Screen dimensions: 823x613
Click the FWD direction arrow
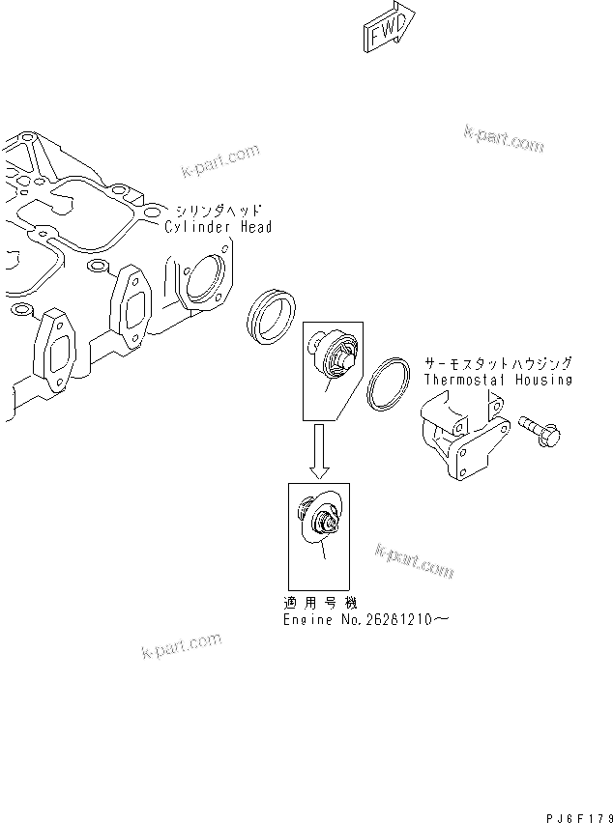tap(390, 28)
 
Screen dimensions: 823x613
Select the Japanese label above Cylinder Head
tap(218, 210)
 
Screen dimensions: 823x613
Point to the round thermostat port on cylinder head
tap(206, 280)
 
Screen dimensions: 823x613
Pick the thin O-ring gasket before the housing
tap(390, 383)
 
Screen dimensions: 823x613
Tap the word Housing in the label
tap(545, 380)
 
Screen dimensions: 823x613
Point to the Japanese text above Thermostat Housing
tap(498, 363)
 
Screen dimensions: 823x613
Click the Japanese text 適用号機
tap(317, 601)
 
